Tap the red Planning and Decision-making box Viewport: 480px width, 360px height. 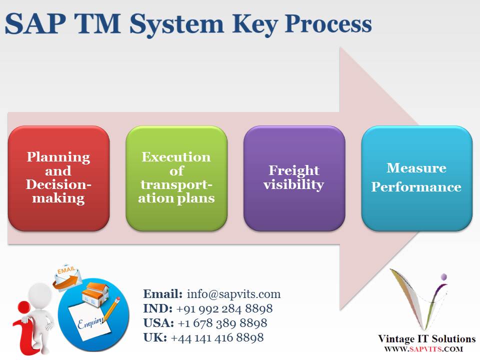[x=58, y=178]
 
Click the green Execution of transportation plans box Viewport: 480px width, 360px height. [x=176, y=178]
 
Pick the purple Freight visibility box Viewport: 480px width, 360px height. [x=294, y=178]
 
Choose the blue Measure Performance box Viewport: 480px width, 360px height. [x=416, y=178]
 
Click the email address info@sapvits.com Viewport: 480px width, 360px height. [x=233, y=294]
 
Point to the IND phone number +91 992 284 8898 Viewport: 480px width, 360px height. [x=224, y=308]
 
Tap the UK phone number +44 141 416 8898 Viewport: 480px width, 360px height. [x=217, y=338]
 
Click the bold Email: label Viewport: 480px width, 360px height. [x=163, y=294]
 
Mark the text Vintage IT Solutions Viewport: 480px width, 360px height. [x=427, y=339]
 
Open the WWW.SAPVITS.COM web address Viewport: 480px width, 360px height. [x=423, y=349]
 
